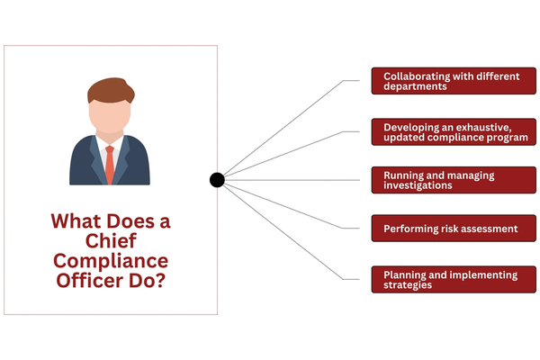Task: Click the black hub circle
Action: pyautogui.click(x=217, y=180)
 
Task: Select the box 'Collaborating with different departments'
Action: pyautogui.click(x=446, y=82)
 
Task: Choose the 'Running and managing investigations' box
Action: pyautogui.click(x=446, y=180)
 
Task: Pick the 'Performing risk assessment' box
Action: pyautogui.click(x=446, y=229)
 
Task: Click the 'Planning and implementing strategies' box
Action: pyautogui.click(x=446, y=280)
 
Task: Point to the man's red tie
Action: pyautogui.click(x=109, y=163)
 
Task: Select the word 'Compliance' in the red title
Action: pyautogui.click(x=111, y=262)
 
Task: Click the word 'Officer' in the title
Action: pyautogui.click(x=90, y=282)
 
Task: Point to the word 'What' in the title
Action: pyautogui.click(x=76, y=221)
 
